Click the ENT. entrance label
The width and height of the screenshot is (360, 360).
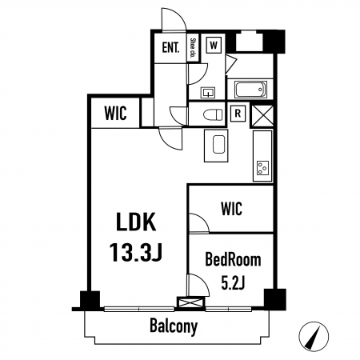click(170, 48)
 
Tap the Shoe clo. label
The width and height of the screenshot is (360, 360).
click(193, 49)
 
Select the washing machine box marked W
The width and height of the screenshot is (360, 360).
click(214, 45)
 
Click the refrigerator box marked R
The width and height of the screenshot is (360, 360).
click(238, 114)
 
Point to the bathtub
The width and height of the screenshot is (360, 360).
click(250, 90)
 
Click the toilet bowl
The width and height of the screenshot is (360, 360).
click(213, 115)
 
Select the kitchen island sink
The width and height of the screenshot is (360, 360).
click(218, 144)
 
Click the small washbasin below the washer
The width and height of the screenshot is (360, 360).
click(208, 93)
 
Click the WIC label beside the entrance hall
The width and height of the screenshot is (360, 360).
click(115, 114)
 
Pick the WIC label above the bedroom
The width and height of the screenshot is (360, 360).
click(231, 209)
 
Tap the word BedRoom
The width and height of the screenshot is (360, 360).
click(233, 260)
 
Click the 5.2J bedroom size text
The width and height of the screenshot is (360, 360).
click(233, 283)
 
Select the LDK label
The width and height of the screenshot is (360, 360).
click(136, 222)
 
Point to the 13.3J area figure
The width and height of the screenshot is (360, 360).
click(136, 252)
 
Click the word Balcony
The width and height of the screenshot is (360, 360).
click(174, 326)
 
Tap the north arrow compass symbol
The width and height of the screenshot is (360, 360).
click(314, 336)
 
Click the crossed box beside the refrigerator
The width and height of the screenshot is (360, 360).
click(262, 115)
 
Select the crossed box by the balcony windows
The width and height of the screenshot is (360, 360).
click(191, 303)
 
